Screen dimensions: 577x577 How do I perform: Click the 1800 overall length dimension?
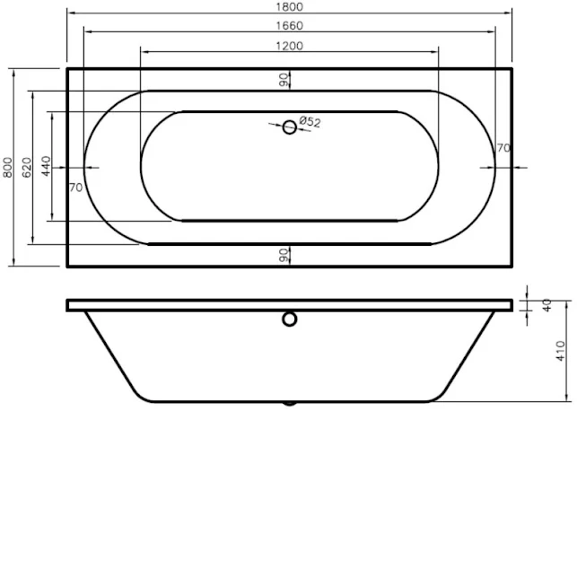coord(289,7)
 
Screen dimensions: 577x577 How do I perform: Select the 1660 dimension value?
coord(289,26)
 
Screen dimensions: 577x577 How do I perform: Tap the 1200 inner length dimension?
coord(289,46)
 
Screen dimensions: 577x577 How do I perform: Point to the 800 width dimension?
coord(8,168)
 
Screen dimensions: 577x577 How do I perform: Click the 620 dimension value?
coord(27,168)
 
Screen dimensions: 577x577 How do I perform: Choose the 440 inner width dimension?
coord(46,166)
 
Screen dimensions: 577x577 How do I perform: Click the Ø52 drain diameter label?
coord(310,121)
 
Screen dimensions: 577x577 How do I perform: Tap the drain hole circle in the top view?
coord(290,127)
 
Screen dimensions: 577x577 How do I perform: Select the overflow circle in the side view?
coord(290,319)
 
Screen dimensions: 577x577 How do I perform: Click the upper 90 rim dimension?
coord(283,80)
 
